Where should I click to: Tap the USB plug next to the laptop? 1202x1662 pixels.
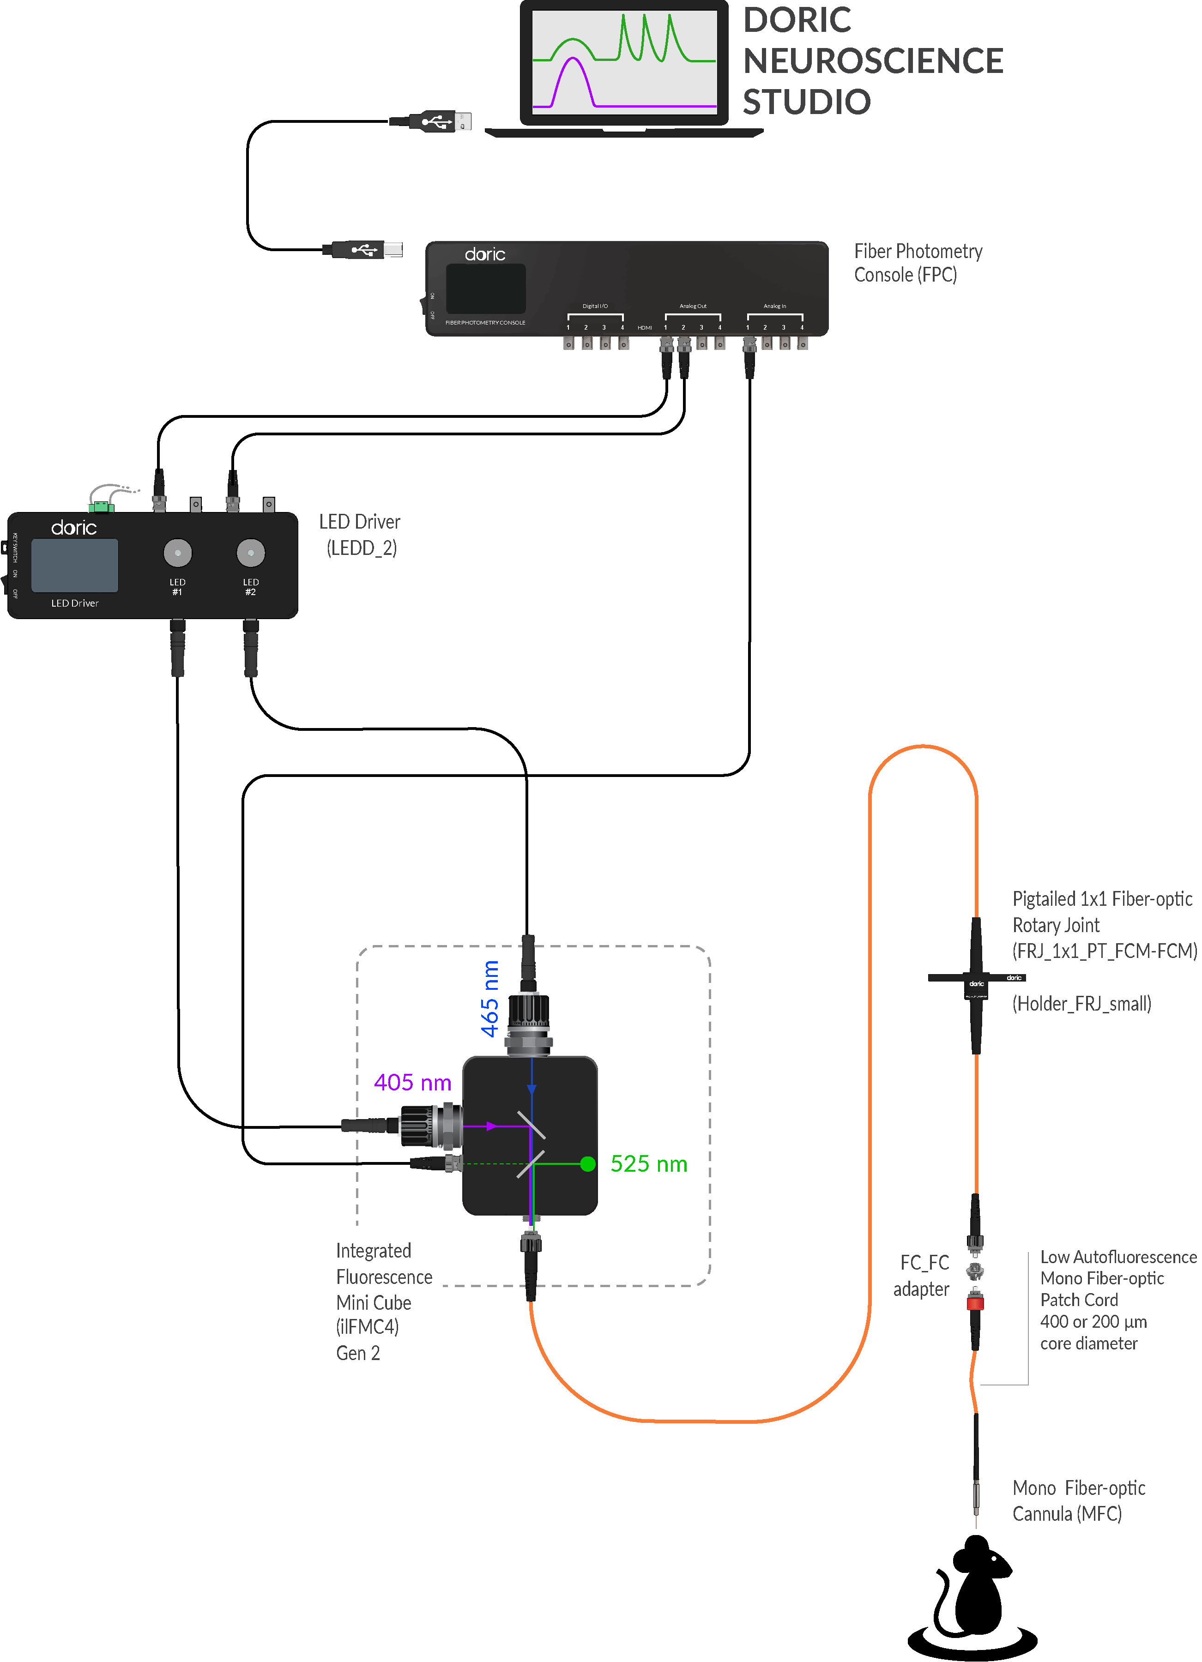pyautogui.click(x=438, y=121)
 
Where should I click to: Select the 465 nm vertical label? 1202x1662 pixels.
pyautogui.click(x=489, y=998)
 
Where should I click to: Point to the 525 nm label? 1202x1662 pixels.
pyautogui.click(x=649, y=1164)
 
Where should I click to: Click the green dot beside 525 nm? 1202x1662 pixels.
pyautogui.click(x=588, y=1164)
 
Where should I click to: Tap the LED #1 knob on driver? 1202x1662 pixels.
pyautogui.click(x=177, y=553)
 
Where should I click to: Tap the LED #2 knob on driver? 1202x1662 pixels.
pyautogui.click(x=251, y=553)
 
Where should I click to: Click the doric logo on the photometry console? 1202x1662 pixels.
pyautogui.click(x=484, y=254)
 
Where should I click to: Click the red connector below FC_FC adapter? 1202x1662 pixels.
pyautogui.click(x=975, y=1302)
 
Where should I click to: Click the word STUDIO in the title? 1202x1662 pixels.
pyautogui.click(x=806, y=102)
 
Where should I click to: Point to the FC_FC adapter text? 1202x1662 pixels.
pyautogui.click(x=922, y=1276)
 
